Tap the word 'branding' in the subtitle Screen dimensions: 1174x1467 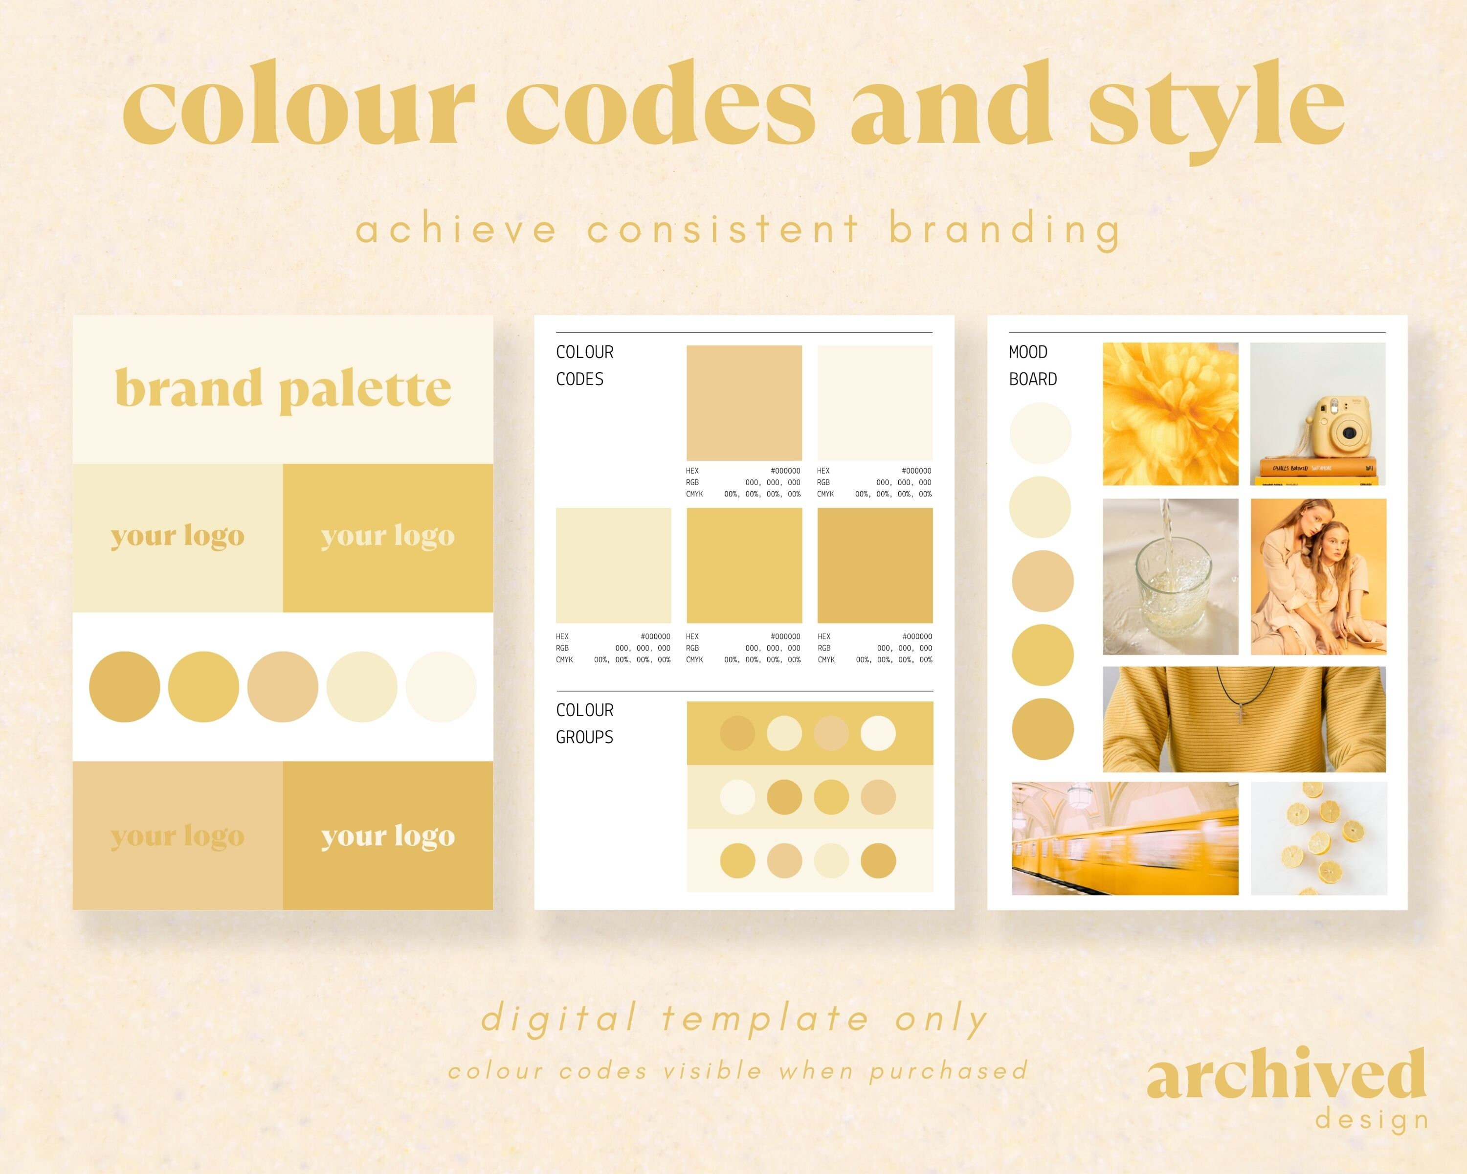point(1004,230)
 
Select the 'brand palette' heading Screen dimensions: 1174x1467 point(283,388)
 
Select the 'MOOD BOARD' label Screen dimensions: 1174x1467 point(1032,365)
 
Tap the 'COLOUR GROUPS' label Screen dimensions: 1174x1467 point(584,723)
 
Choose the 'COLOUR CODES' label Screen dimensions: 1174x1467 point(584,365)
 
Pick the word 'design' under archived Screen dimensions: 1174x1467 point(1371,1120)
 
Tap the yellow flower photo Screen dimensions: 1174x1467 point(1170,414)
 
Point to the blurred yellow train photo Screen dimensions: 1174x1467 point(1125,838)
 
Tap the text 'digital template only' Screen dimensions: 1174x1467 point(735,1019)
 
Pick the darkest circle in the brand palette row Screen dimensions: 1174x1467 point(125,687)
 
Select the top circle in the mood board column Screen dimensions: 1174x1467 point(1041,433)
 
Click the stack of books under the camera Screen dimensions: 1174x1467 point(1317,471)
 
